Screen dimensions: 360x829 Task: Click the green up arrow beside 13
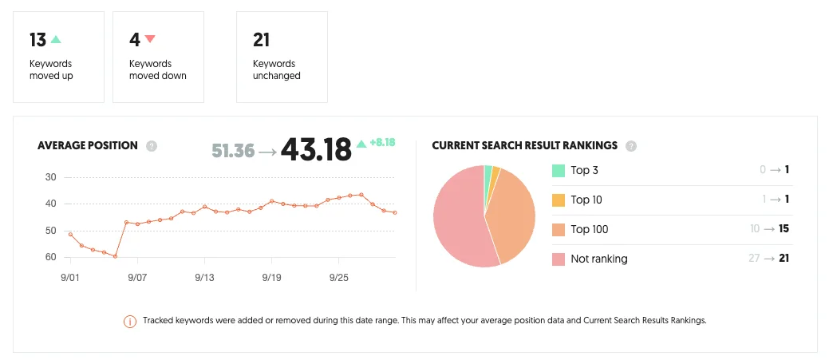[56, 38]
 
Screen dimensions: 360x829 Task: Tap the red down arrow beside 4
[150, 38]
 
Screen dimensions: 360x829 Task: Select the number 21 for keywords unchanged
[262, 39]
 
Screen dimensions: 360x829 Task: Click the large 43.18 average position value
[316, 149]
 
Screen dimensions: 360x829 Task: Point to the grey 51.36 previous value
[234, 150]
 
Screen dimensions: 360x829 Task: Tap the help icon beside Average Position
[152, 146]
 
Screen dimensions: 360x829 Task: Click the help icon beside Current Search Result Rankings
[631, 146]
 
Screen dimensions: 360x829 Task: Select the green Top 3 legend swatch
[558, 170]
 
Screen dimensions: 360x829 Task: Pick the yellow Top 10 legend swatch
[558, 200]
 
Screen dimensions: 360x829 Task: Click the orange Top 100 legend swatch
[558, 229]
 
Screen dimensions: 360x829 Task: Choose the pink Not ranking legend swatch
[558, 259]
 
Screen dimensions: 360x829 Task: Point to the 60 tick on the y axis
[51, 257]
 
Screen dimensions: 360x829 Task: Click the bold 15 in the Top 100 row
[784, 229]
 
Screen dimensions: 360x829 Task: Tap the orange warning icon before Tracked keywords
[129, 321]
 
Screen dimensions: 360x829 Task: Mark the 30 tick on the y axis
[51, 176]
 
